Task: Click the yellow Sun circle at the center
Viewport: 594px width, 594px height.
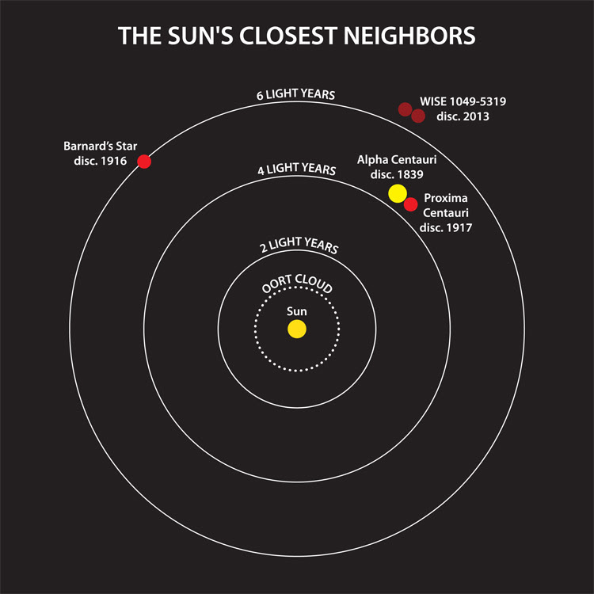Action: [297, 329]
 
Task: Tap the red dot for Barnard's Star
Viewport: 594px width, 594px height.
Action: [144, 162]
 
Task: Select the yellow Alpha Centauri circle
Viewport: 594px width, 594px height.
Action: [398, 193]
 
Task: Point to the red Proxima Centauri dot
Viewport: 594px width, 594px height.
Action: [410, 204]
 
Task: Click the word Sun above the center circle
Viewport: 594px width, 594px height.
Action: [297, 311]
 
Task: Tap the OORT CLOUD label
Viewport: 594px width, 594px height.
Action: [297, 284]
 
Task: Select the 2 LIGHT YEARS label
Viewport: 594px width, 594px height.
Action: [299, 245]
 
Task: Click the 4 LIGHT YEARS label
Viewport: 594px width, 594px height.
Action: [297, 169]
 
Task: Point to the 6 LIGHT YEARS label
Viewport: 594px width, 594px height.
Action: [296, 94]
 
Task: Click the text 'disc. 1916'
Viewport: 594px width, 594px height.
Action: [101, 161]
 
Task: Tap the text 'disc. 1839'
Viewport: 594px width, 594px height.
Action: [397, 175]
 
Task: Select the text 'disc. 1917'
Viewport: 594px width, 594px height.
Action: [446, 227]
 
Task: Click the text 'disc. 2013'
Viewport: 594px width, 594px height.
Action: [463, 116]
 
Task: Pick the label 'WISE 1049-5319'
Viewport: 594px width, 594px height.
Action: [463, 101]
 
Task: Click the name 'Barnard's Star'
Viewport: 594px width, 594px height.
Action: [101, 147]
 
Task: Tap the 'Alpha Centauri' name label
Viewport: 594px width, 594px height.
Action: [397, 160]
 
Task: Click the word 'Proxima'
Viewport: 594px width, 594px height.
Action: [446, 198]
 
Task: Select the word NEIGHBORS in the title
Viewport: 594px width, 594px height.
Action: [409, 36]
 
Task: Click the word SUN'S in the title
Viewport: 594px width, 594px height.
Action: [200, 36]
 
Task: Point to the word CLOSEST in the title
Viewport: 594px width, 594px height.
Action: [288, 36]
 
